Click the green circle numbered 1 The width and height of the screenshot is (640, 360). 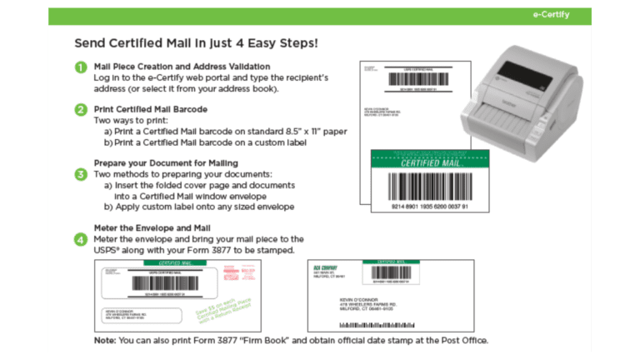click(x=80, y=67)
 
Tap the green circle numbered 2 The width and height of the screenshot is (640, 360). click(x=80, y=109)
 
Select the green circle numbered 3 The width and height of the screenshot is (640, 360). click(x=80, y=174)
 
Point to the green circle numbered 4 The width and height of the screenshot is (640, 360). click(x=80, y=239)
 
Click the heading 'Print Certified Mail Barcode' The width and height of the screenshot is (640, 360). click(x=150, y=108)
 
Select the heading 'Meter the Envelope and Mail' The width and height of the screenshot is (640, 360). click(x=150, y=227)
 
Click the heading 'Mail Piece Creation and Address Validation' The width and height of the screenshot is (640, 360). click(x=182, y=66)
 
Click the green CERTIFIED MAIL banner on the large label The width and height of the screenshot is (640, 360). click(x=430, y=162)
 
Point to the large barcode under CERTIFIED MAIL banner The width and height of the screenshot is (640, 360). click(x=430, y=185)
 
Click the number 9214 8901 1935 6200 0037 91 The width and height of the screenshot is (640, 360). click(x=430, y=205)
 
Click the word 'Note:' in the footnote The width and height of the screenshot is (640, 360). click(x=105, y=341)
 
